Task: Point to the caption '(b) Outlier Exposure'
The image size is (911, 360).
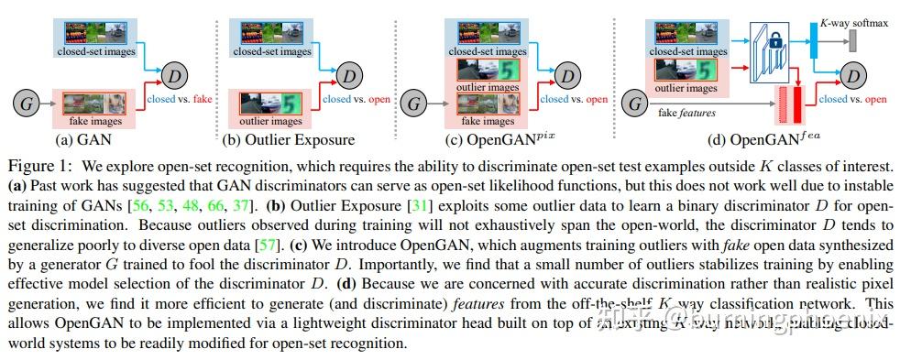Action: click(x=287, y=140)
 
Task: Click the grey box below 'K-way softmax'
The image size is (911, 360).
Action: click(x=852, y=40)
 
